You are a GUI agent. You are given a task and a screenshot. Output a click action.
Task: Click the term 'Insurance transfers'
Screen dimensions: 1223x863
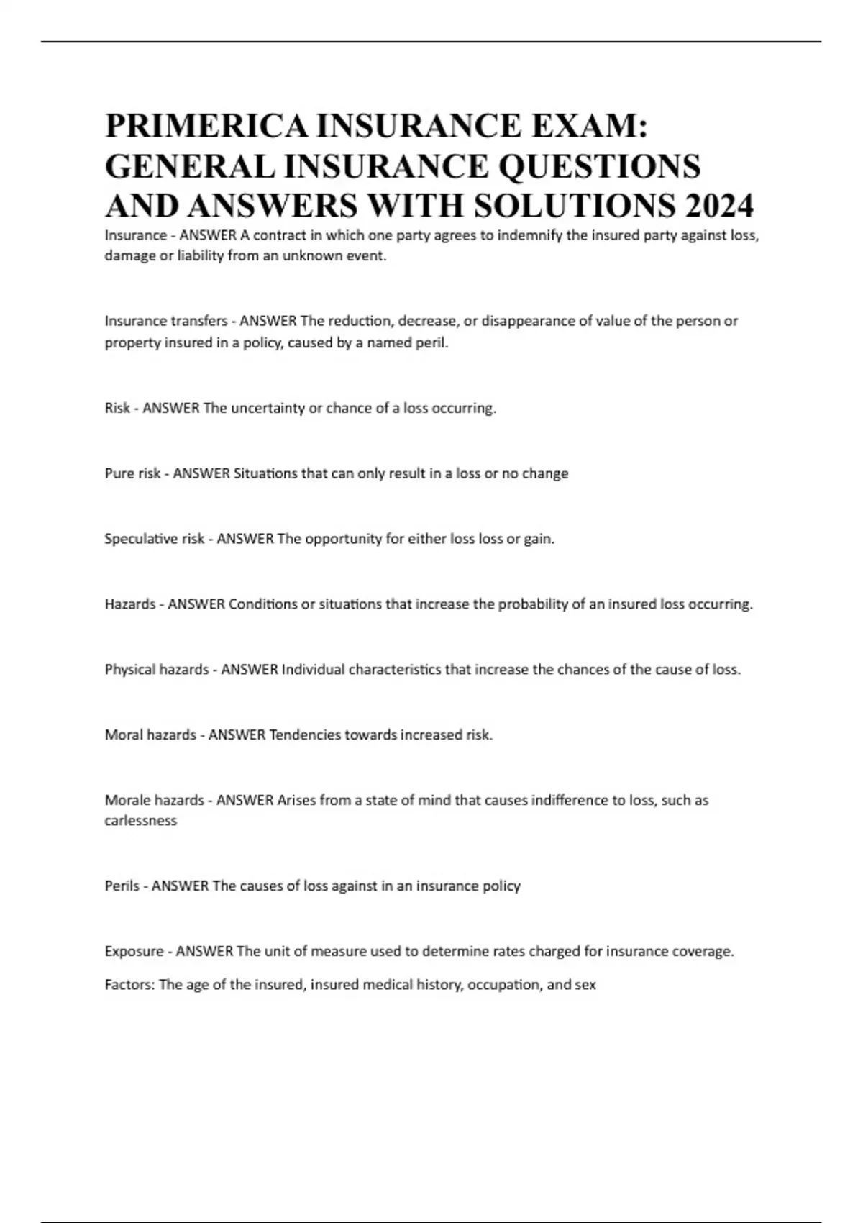166,321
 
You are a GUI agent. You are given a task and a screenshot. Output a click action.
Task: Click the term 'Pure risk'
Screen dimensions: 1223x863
132,473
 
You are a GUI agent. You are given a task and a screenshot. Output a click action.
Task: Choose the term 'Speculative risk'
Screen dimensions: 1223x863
155,539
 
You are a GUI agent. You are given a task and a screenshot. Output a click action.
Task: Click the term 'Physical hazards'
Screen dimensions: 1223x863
157,670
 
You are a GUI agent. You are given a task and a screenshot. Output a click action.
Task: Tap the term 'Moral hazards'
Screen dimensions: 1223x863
150,735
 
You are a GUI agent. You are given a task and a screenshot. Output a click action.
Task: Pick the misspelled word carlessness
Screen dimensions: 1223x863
141,821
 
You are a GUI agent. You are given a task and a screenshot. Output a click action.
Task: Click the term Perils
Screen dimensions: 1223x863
122,886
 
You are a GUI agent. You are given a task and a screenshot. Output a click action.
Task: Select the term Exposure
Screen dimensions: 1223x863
134,952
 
